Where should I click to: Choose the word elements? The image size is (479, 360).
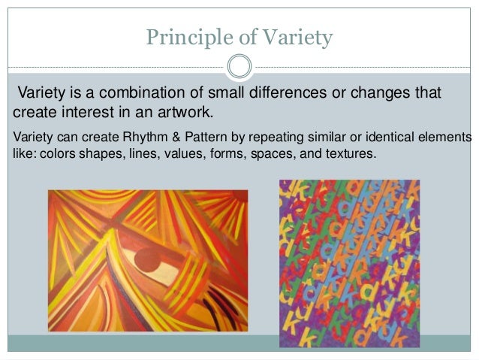click(447, 138)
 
